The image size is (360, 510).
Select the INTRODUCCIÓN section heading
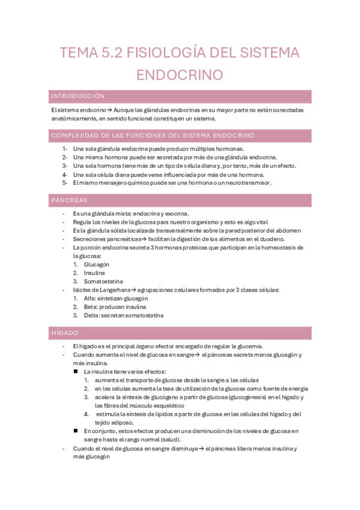tap(78, 96)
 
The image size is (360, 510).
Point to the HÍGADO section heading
tap(66, 333)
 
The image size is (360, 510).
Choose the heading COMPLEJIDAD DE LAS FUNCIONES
tap(153, 135)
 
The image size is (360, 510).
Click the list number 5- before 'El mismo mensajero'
tap(65, 182)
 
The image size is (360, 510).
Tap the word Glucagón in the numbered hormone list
tap(97, 264)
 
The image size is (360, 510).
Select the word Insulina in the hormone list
tap(94, 272)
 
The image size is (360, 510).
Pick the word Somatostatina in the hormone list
tap(104, 281)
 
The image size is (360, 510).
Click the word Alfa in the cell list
tap(90, 298)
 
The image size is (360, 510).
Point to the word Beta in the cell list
tap(91, 307)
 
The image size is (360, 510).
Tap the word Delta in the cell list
tap(92, 315)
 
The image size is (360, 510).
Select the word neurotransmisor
tap(245, 182)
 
